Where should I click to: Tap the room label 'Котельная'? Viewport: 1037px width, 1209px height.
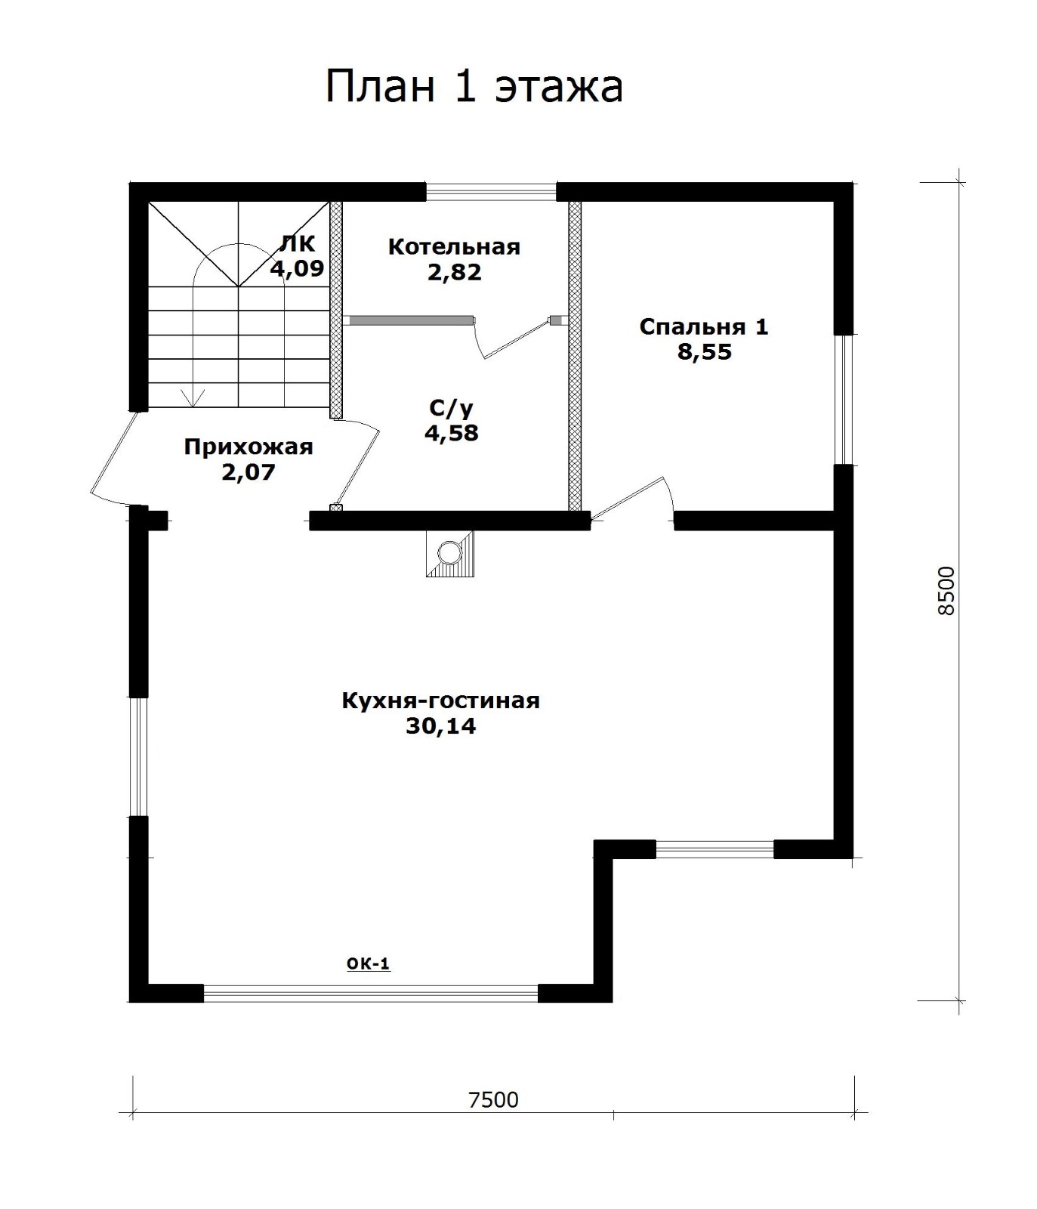454,246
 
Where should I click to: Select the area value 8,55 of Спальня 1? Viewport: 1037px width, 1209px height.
704,352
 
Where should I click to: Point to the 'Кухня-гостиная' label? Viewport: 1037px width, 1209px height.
441,700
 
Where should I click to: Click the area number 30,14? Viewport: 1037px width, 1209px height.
441,726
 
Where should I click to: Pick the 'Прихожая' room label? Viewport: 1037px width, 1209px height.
248,447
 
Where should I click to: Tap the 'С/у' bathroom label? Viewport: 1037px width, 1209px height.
452,408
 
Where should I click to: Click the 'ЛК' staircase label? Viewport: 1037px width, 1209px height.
298,243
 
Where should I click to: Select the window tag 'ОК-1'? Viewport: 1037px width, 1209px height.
368,963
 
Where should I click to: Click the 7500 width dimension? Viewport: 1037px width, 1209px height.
494,1099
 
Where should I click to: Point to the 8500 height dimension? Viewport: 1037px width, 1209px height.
946,591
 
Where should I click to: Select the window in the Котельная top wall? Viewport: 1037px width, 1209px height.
492,191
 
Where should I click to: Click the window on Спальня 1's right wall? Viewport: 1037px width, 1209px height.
844,399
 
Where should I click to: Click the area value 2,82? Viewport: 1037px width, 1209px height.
454,272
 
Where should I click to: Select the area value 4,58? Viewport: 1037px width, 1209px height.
452,433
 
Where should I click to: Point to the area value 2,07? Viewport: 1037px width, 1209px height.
248,473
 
